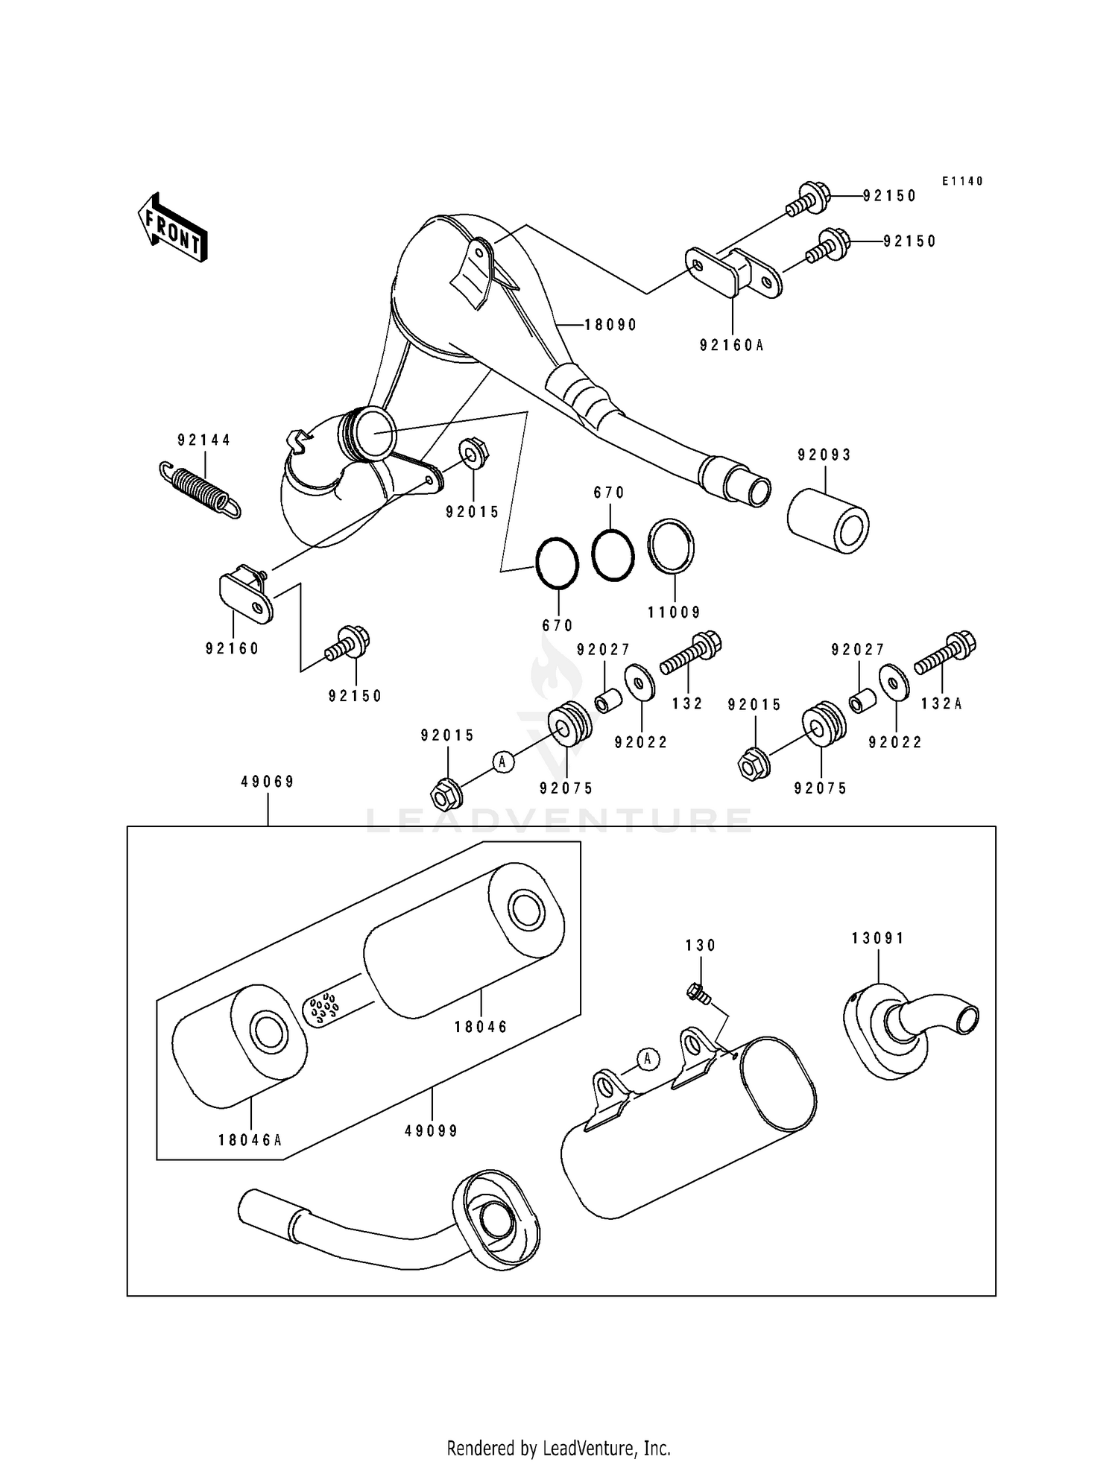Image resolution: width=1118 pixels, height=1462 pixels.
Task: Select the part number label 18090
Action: click(610, 325)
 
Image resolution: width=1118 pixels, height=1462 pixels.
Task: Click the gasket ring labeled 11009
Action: click(671, 547)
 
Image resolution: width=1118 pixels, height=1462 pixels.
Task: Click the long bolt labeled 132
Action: click(691, 653)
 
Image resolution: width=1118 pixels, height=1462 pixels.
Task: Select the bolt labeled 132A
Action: click(945, 653)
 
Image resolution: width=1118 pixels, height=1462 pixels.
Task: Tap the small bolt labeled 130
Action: click(698, 993)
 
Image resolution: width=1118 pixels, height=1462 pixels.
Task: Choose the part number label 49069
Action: click(268, 782)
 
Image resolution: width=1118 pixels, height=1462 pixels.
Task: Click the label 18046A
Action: click(250, 1160)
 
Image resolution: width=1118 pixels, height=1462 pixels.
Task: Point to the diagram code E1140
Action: click(962, 181)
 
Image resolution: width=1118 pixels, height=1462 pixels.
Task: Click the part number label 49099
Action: click(431, 1130)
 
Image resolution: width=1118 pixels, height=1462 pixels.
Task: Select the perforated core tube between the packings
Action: click(321, 1008)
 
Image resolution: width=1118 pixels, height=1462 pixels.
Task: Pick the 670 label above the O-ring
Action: click(609, 493)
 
